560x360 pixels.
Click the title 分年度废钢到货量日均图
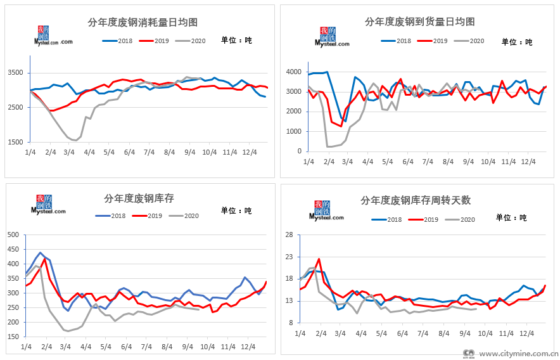click(x=420, y=22)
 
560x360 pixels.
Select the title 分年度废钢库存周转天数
click(x=416, y=200)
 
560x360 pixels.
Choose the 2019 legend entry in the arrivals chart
click(x=440, y=41)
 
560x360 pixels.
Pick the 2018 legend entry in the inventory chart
click(x=111, y=215)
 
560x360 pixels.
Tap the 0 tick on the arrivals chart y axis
click(x=298, y=151)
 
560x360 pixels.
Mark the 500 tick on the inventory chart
click(x=13, y=235)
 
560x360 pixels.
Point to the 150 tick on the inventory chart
click(x=13, y=337)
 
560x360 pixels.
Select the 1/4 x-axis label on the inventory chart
click(x=27, y=347)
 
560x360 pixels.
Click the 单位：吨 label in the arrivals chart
click(x=517, y=42)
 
